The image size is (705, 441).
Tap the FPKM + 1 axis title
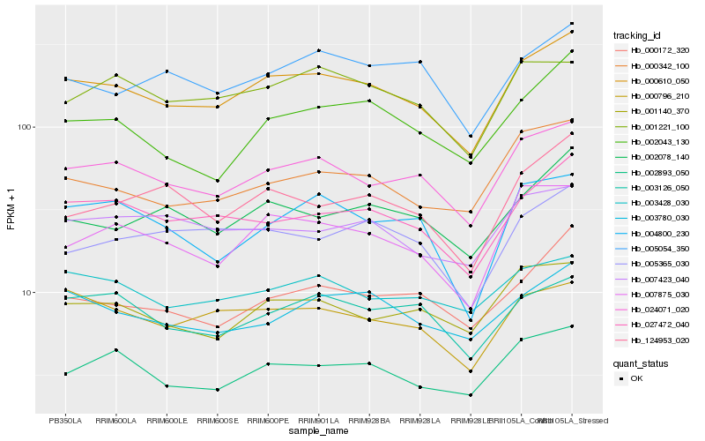pyautogui.click(x=11, y=209)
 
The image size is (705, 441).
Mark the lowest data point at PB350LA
pyautogui.click(x=65, y=374)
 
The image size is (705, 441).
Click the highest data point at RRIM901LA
pyautogui.click(x=318, y=50)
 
